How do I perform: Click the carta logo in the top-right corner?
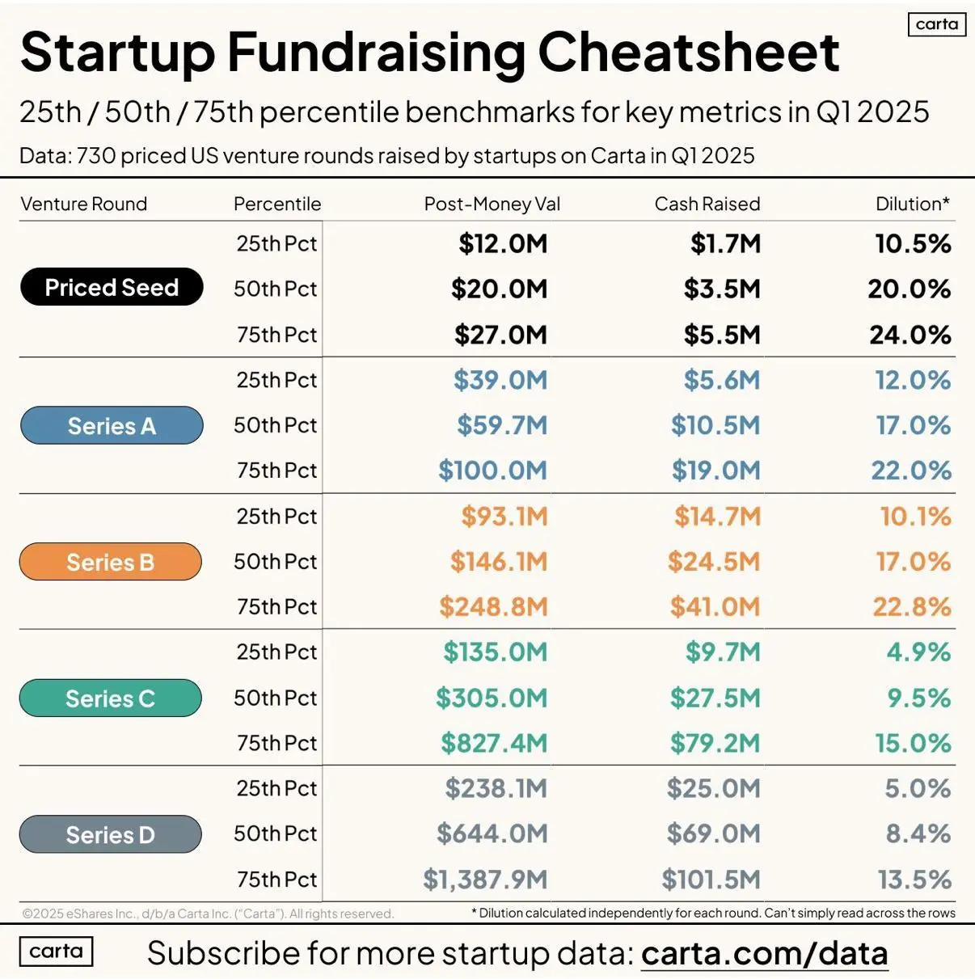coord(937,24)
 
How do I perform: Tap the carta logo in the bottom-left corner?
coord(56,952)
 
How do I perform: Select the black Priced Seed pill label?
coord(112,287)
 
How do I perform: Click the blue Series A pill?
coord(112,425)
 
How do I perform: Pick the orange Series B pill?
coord(111,562)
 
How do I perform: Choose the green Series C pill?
coord(111,698)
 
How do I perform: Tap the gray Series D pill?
coord(111,834)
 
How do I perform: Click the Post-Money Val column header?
coord(492,204)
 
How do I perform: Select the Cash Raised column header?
coord(707,204)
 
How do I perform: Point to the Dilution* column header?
coord(912,204)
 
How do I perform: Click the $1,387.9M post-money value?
coord(485,879)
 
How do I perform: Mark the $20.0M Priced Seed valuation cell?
coord(499,289)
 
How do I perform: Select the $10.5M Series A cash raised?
coord(715,425)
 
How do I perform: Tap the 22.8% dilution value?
coord(911,606)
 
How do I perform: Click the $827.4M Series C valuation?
coord(493,743)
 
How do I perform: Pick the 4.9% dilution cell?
coord(918,652)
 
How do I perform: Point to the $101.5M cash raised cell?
coord(711,879)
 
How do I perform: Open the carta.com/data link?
coord(764,953)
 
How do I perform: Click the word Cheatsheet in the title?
coord(688,53)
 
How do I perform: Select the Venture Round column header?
coord(83,204)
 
